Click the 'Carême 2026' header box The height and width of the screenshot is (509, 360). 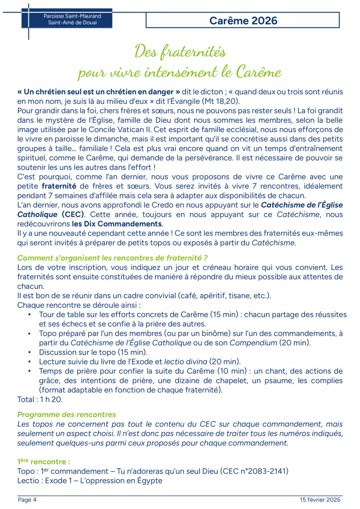coord(243,20)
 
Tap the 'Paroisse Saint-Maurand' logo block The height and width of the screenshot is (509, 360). coord(67,20)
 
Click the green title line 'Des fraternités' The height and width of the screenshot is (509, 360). coord(180,52)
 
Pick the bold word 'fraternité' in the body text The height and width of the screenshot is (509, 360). coord(59,186)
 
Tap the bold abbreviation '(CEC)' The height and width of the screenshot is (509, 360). coord(73,214)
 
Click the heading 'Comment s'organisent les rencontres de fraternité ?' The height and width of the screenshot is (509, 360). coord(112,258)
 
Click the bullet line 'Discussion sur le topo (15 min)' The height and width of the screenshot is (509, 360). coord(93,352)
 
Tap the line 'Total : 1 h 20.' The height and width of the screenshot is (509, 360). coord(40,399)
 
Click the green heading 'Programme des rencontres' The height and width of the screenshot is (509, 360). coord(66,414)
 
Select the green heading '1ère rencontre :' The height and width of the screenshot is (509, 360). coord(44,461)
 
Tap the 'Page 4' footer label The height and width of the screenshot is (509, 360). coord(27,500)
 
